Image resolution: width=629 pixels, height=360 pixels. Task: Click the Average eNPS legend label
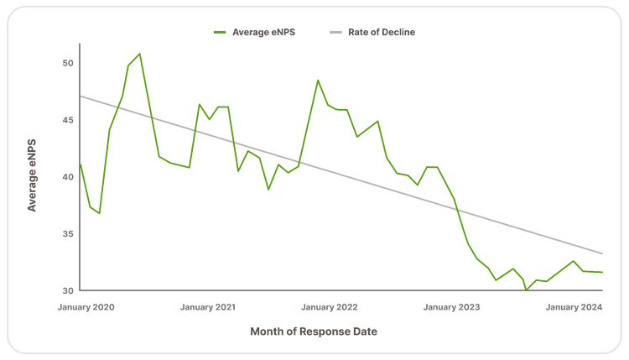pyautogui.click(x=263, y=32)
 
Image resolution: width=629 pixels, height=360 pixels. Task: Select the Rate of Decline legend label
pyautogui.click(x=382, y=32)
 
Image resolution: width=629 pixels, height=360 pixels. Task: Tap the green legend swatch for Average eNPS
pyautogui.click(x=220, y=32)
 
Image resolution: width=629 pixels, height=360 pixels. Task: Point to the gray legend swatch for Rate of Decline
pyautogui.click(x=335, y=32)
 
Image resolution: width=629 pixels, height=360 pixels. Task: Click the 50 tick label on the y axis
pyautogui.click(x=68, y=63)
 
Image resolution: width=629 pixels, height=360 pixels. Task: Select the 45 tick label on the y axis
pyautogui.click(x=68, y=120)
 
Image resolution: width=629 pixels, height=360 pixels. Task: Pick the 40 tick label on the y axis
pyautogui.click(x=68, y=177)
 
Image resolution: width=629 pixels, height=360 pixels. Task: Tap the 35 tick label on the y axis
pyautogui.click(x=68, y=233)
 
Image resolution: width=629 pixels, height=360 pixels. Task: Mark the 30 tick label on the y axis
pyautogui.click(x=68, y=290)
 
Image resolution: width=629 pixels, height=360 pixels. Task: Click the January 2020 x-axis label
pyautogui.click(x=86, y=307)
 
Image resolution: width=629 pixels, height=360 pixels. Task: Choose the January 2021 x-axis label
pyautogui.click(x=208, y=307)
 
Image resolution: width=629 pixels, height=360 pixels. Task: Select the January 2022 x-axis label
pyautogui.click(x=330, y=307)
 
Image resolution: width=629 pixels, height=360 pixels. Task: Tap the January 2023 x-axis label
pyautogui.click(x=452, y=307)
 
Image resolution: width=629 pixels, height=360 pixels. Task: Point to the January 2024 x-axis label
pyautogui.click(x=574, y=307)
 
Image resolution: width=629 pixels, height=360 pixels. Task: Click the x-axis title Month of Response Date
pyautogui.click(x=314, y=331)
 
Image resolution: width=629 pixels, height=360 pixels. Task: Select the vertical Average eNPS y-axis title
pyautogui.click(x=32, y=175)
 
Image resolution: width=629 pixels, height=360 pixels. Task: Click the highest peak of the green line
pyautogui.click(x=139, y=54)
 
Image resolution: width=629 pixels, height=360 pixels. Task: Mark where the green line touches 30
pyautogui.click(x=526, y=290)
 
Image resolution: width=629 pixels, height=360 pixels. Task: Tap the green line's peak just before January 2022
pyautogui.click(x=318, y=80)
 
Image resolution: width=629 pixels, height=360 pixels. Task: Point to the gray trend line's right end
pyautogui.click(x=602, y=253)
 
